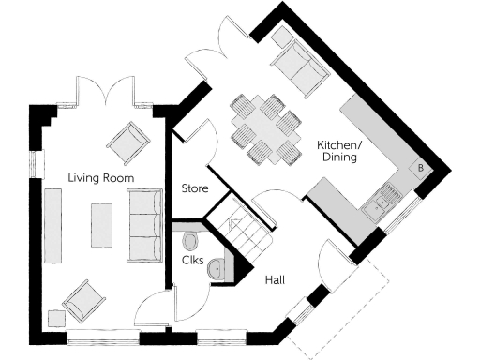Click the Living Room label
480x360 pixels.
point(100,177)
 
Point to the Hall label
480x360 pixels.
point(276,279)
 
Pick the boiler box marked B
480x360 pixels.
point(420,168)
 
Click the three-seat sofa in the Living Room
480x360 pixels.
point(143,224)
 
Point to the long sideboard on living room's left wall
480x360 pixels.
point(52,224)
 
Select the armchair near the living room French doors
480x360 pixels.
point(127,142)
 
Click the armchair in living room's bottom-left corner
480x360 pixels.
point(82,301)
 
